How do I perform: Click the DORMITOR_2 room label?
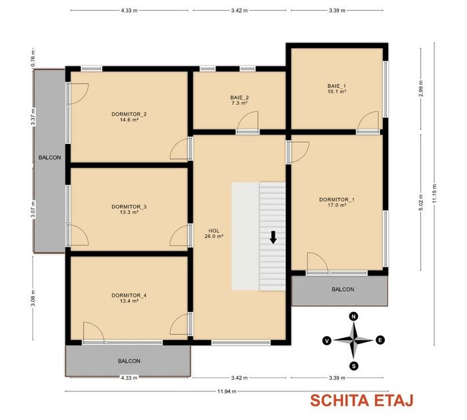point(129,114)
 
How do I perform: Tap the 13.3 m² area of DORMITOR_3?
point(129,212)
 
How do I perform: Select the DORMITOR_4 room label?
point(129,295)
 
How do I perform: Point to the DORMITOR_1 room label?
point(337,199)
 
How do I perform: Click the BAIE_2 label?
point(240,97)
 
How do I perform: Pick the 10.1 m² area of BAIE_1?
point(337,92)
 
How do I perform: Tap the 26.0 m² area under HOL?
point(214,237)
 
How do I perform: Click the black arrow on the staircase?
point(273,237)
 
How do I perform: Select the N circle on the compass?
point(354,317)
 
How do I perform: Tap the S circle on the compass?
point(354,366)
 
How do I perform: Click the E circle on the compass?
point(380,340)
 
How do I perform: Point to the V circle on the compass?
point(327,341)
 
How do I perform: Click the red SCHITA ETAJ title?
point(362,401)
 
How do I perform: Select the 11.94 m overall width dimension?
point(227,391)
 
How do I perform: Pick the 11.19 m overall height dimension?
point(434,194)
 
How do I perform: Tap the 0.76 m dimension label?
point(33,58)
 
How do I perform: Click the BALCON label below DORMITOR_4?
point(129,361)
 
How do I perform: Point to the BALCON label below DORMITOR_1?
point(343,289)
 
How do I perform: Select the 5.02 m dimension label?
point(421,203)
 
